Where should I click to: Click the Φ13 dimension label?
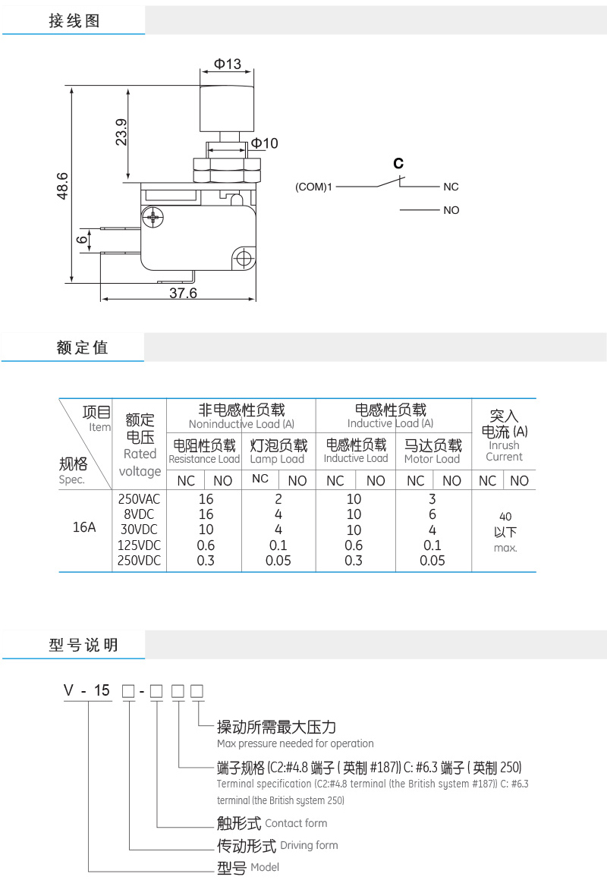[227, 64]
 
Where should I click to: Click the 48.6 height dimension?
[63, 185]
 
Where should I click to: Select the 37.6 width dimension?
[182, 293]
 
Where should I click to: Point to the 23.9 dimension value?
[122, 133]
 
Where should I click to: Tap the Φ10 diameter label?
[264, 143]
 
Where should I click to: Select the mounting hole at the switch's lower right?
[244, 258]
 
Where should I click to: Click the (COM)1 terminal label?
[314, 187]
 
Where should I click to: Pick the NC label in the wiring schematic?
[451, 187]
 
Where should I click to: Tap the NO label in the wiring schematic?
[451, 210]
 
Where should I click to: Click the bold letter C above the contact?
[398, 164]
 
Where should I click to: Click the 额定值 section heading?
[82, 347]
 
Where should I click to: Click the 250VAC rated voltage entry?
[140, 499]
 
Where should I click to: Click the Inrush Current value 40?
[505, 517]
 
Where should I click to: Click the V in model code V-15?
[68, 690]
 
